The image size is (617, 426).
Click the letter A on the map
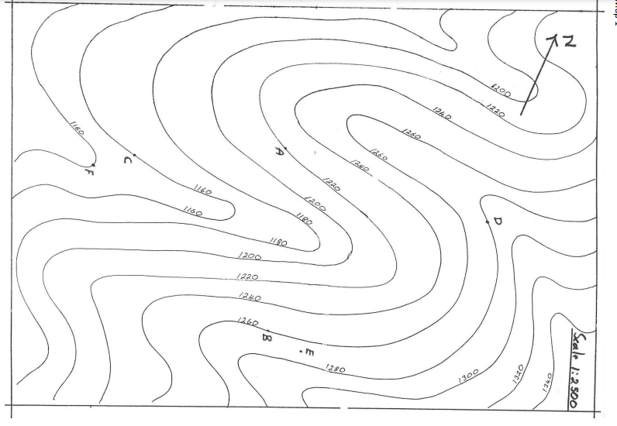click(278, 152)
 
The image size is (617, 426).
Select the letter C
click(128, 160)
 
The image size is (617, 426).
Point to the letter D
click(497, 222)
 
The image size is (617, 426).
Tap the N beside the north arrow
click(569, 43)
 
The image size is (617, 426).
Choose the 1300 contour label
click(468, 375)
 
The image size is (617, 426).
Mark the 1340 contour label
click(547, 381)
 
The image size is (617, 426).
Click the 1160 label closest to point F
click(77, 129)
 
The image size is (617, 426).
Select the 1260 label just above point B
click(247, 321)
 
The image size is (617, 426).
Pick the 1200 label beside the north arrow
click(501, 91)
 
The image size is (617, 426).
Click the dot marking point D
click(488, 222)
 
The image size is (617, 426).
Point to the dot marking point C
click(134, 155)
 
